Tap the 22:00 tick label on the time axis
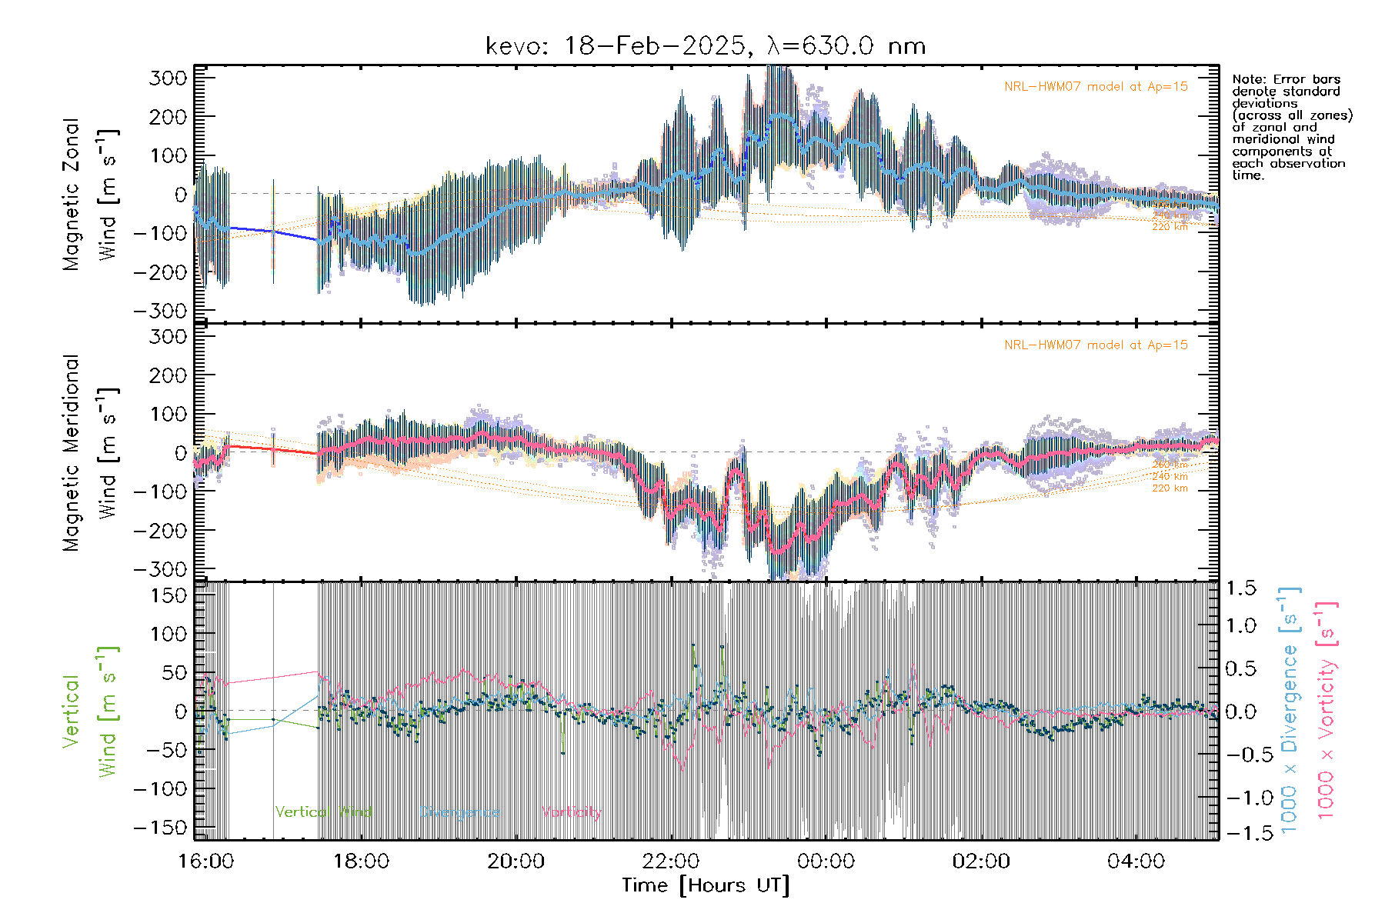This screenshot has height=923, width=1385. click(x=671, y=861)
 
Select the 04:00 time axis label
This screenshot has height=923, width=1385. click(x=1136, y=861)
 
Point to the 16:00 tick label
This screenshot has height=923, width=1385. click(x=205, y=861)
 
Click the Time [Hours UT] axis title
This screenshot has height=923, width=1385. click(x=706, y=885)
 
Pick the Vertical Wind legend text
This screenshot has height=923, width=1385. click(x=323, y=811)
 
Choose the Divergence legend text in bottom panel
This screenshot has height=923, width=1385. click(x=459, y=811)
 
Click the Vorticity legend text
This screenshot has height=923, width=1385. click(x=571, y=811)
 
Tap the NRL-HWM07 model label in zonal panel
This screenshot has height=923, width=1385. click(x=1096, y=86)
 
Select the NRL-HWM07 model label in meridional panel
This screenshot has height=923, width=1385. click(x=1096, y=345)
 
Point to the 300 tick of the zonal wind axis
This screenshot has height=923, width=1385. click(x=169, y=78)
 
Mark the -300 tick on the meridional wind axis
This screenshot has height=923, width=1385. click(x=161, y=569)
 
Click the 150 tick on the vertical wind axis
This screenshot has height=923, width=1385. click(x=169, y=595)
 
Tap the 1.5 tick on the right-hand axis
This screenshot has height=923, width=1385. click(x=1240, y=588)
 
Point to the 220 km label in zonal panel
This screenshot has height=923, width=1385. click(x=1170, y=227)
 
